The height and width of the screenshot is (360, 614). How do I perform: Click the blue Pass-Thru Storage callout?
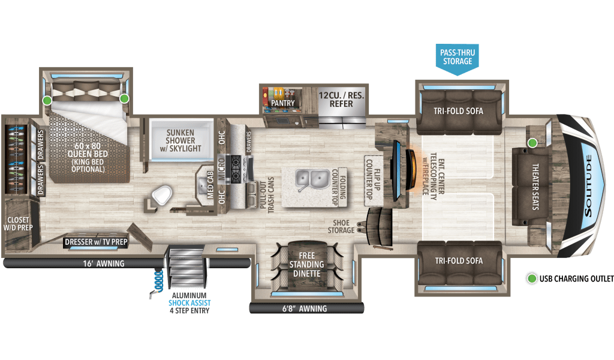458,57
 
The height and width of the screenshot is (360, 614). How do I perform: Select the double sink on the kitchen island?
309,178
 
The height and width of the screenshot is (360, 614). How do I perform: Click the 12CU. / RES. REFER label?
341,99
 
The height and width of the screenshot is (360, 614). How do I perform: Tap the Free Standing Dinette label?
306,265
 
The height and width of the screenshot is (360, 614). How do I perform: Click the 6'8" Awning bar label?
306,308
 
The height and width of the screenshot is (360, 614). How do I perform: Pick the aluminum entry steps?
187,268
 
